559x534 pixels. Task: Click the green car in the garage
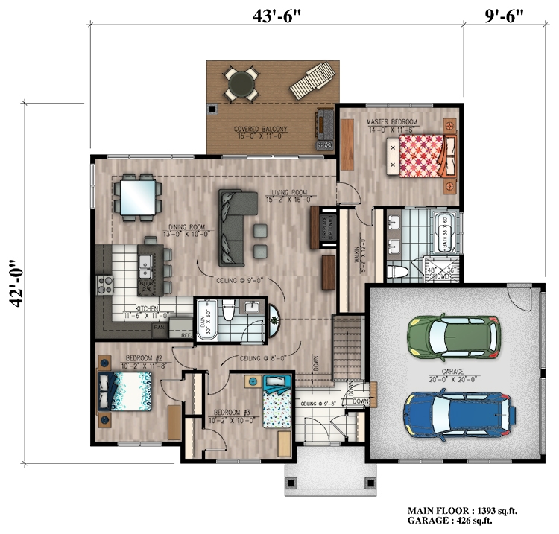[454, 336]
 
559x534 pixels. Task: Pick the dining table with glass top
[138, 196]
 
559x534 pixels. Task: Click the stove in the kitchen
[104, 283]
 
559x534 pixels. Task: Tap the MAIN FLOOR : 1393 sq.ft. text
[461, 510]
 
